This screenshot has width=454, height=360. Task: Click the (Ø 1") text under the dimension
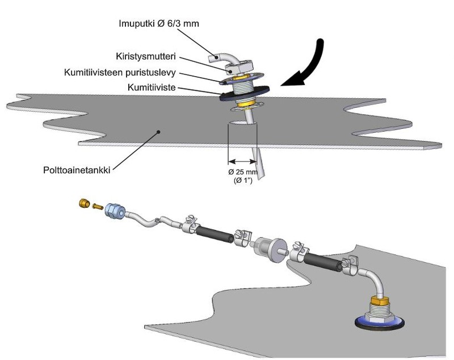(x=243, y=181)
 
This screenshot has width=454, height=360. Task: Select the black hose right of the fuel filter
(x=323, y=264)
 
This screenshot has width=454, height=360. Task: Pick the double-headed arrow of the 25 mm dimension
(x=242, y=161)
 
